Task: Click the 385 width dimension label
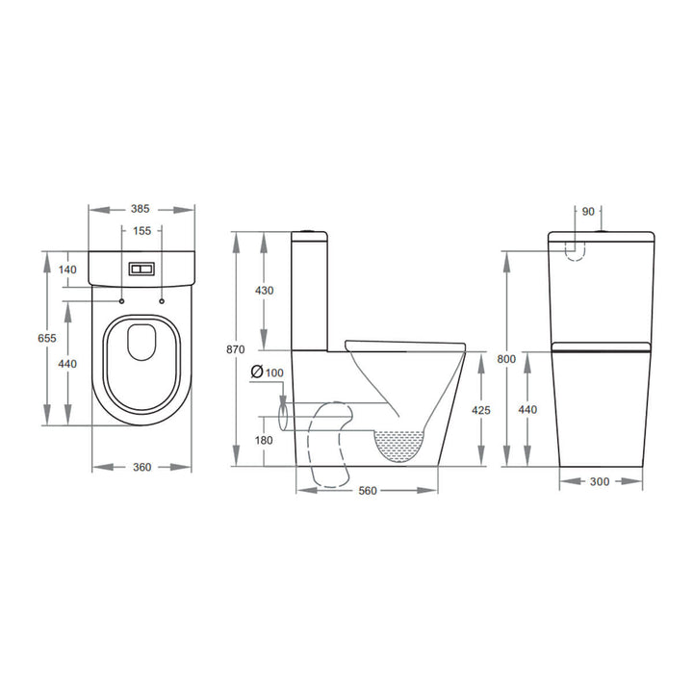coord(142,208)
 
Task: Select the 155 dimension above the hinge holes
coord(142,231)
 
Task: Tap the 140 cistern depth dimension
coord(66,269)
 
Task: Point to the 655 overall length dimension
coord(45,338)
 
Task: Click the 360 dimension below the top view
coord(142,468)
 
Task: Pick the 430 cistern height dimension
coord(264,291)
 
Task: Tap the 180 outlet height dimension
coord(264,440)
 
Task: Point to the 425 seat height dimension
coord(481,410)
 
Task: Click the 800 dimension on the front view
coord(506,359)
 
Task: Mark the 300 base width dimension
coord(601,481)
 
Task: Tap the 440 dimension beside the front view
coord(528,410)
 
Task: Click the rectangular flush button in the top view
coord(142,269)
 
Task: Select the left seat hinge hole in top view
coord(124,302)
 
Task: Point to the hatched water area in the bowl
coord(399,446)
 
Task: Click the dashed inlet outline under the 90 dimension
coord(574,249)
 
